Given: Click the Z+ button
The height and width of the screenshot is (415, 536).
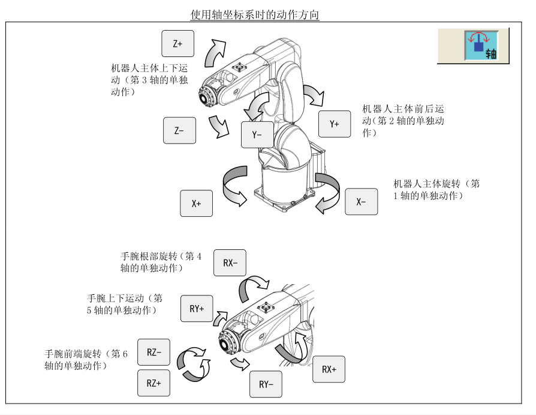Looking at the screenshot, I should point(178,43).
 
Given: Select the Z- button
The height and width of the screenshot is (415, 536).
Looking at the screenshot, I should point(179,130).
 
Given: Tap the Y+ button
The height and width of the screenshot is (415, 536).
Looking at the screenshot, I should point(335,124).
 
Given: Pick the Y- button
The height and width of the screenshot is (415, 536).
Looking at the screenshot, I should point(257,135).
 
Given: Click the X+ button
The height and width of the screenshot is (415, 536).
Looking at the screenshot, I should point(197,203).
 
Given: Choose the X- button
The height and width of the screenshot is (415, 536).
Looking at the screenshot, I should point(361,201).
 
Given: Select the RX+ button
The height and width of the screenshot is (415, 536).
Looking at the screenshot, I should point(329,369).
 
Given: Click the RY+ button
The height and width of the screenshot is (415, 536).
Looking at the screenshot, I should point(197,309).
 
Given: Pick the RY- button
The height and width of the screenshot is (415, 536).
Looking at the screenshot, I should point(266,384).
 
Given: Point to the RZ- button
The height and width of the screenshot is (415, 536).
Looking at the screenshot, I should point(153,352).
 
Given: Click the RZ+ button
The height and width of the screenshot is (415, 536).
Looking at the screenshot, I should point(153,382).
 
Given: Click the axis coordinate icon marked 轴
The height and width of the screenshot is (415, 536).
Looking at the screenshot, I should point(482,45).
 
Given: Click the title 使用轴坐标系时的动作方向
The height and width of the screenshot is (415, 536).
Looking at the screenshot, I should point(255,14).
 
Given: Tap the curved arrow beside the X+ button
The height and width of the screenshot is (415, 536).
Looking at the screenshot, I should point(234,186).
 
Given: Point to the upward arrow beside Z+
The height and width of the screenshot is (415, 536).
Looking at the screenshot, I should point(216,52).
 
